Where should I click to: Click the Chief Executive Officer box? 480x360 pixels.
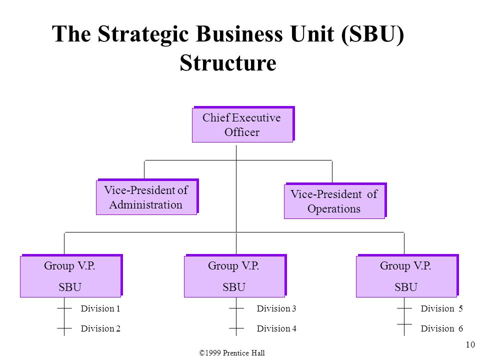(x=243, y=124)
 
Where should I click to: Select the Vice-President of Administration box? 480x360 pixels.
(x=147, y=197)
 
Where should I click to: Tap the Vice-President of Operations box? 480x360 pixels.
(x=335, y=201)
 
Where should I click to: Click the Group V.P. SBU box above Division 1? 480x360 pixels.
(x=71, y=276)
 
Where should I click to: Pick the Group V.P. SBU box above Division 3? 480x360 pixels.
(x=235, y=276)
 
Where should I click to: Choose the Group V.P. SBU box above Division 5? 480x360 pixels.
(x=407, y=276)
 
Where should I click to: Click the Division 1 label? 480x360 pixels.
(x=100, y=308)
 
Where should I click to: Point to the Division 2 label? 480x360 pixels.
(x=100, y=328)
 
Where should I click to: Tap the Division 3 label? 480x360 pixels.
(x=276, y=308)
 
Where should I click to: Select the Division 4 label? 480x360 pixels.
(x=276, y=328)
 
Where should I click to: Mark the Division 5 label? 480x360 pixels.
(x=441, y=308)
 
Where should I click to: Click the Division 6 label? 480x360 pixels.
(x=441, y=328)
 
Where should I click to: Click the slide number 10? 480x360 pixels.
(x=470, y=344)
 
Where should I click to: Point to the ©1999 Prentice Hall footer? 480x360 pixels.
(x=231, y=353)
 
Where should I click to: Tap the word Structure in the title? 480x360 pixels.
(x=228, y=63)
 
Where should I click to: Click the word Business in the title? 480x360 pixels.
(x=239, y=33)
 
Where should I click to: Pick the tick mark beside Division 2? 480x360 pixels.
(x=64, y=328)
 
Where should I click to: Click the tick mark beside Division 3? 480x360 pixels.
(x=236, y=308)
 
